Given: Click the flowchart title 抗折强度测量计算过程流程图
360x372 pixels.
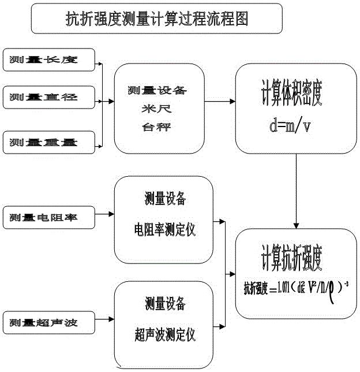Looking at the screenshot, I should pos(157,19).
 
